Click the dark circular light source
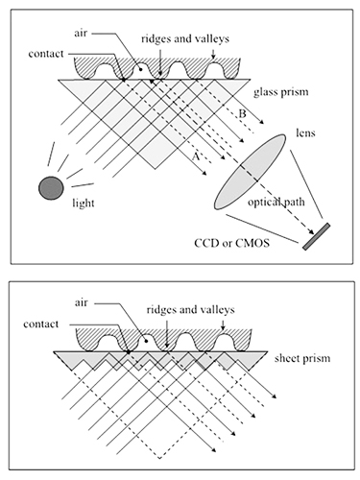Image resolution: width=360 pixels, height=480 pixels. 51,188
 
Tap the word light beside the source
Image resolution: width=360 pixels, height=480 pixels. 84,203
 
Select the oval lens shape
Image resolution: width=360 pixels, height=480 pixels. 250,172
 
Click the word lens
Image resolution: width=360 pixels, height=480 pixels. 305,132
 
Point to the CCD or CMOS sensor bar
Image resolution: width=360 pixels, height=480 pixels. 316,236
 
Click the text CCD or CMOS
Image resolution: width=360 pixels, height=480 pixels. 232,243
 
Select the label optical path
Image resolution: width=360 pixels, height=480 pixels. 276,203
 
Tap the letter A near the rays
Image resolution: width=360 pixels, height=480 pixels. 196,156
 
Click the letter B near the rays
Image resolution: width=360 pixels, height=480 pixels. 243,113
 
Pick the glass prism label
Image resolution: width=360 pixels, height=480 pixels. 281,92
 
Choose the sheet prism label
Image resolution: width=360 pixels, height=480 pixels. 302,358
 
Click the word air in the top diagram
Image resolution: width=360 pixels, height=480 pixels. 81,34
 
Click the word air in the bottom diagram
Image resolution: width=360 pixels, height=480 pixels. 81,302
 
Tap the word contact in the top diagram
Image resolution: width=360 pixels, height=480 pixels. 46,54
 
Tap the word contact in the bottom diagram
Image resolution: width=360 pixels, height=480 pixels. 41,324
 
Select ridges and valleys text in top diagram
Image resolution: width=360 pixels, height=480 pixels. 185,39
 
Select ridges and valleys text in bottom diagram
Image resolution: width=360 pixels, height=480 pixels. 190,310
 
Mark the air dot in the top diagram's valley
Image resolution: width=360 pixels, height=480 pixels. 140,69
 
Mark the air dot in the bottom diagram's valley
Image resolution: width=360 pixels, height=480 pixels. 146,341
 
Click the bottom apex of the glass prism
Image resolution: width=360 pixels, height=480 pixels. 156,168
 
